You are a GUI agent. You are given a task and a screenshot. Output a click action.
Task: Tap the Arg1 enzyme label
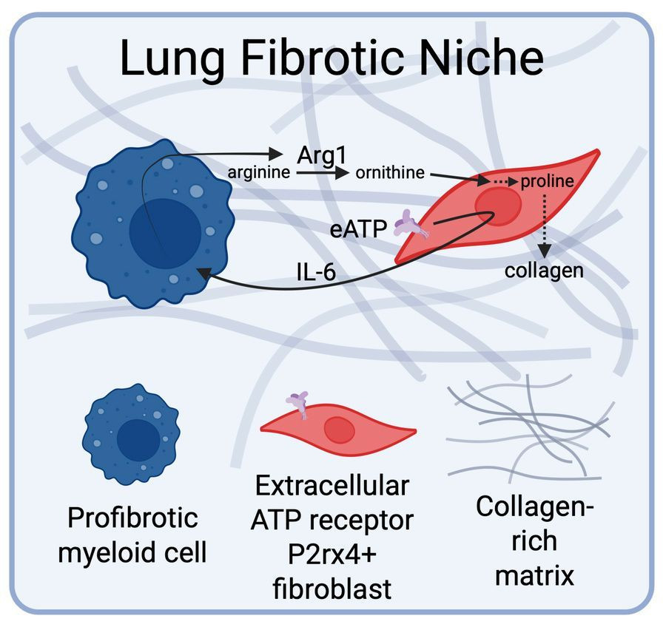click(322, 155)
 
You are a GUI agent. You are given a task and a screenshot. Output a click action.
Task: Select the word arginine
click(259, 172)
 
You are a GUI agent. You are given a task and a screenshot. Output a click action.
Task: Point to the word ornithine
click(390, 172)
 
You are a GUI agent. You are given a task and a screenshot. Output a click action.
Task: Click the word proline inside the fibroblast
click(547, 182)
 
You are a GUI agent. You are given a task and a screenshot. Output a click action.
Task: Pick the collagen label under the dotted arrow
click(544, 271)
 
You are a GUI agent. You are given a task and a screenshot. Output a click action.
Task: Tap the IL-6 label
click(316, 272)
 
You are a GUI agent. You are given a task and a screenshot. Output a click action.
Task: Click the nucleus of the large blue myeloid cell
click(165, 234)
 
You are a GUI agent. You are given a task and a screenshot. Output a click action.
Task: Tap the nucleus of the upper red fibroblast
click(498, 206)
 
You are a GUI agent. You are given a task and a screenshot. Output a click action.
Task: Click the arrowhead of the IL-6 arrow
click(204, 274)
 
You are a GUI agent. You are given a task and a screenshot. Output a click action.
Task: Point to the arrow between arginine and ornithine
click(323, 173)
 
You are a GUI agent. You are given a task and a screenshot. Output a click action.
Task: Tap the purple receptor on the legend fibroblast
click(298, 404)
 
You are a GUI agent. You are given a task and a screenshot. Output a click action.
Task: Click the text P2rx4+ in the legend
click(332, 555)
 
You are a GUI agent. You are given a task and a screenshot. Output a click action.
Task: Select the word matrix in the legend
click(534, 576)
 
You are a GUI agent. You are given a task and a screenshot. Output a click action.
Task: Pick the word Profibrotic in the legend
click(133, 518)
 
